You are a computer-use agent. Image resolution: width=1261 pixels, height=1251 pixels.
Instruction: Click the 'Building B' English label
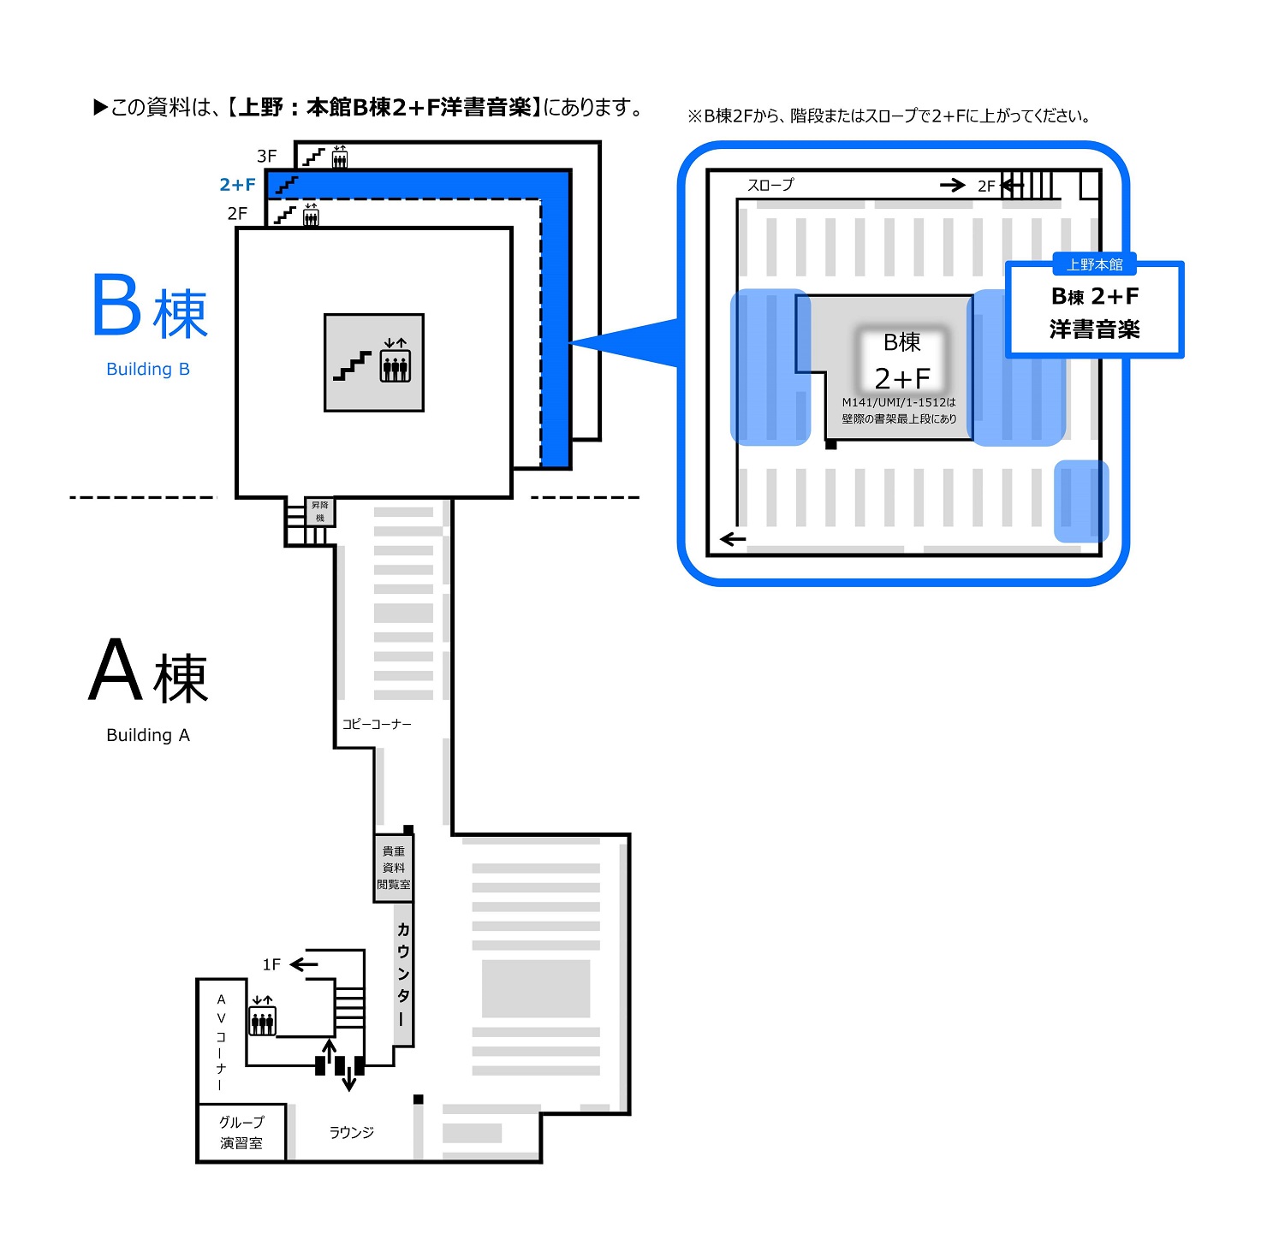148,369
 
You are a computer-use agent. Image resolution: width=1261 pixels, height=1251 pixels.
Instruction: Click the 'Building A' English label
148,735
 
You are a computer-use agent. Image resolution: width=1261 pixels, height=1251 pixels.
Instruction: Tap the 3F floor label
267,156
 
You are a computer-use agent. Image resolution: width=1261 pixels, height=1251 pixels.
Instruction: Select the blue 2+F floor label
237,184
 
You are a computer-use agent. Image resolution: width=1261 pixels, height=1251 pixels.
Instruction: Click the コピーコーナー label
377,724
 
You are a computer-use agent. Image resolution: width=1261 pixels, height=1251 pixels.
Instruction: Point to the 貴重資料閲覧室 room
394,868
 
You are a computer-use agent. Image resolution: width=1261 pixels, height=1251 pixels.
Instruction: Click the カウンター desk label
403,974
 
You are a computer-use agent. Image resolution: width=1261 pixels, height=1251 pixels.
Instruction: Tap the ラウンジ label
352,1132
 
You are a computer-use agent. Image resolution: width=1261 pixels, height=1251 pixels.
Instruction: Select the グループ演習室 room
241,1132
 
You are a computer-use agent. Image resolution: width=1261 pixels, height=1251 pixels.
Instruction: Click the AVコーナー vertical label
221,1041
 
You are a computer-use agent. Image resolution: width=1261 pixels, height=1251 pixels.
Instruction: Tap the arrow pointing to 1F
304,964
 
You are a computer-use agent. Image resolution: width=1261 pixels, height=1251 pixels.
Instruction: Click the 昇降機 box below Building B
320,512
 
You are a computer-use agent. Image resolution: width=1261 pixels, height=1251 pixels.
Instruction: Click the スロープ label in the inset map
770,185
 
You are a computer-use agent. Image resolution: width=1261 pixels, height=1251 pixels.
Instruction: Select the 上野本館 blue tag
1095,264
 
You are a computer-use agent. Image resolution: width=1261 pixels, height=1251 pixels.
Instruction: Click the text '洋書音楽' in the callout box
1095,329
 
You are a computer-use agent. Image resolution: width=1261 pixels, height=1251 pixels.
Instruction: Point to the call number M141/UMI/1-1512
898,402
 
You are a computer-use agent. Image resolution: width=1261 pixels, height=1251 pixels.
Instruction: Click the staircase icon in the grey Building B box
353,365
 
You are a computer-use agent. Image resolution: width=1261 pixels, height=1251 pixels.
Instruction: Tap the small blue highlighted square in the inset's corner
1080,501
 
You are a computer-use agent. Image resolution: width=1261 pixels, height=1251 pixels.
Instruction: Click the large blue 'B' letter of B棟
116,305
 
